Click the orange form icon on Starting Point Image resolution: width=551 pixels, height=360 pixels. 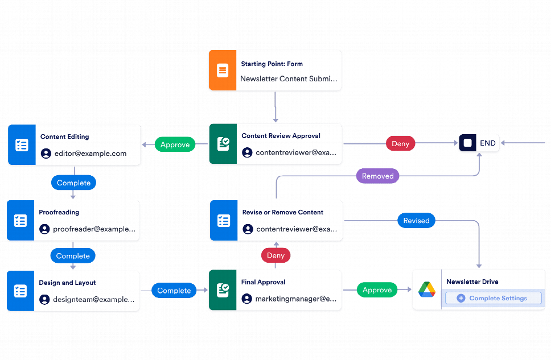tap(222, 71)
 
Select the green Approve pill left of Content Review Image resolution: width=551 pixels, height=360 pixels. tap(175, 144)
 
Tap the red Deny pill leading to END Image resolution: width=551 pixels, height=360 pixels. tap(400, 144)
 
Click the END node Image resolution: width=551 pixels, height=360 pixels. tap(479, 143)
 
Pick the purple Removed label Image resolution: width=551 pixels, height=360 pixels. tap(377, 176)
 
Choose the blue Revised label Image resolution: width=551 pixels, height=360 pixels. tap(416, 221)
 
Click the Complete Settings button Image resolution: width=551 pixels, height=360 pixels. tap(492, 298)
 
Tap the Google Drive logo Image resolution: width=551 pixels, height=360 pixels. tap(427, 290)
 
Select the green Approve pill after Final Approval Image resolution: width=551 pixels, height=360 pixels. tap(377, 290)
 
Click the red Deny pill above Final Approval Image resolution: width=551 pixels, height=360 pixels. tap(275, 255)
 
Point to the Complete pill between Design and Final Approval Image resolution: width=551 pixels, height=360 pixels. tap(174, 291)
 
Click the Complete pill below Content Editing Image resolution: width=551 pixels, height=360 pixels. tap(73, 183)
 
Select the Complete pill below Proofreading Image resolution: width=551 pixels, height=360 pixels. tap(73, 256)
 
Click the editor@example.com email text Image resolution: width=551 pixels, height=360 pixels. tap(91, 154)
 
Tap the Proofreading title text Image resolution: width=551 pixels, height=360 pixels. tap(59, 212)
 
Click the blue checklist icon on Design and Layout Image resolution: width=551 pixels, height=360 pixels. tap(20, 291)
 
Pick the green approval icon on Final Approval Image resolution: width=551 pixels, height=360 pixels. tap(223, 291)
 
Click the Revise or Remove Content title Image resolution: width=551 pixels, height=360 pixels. tap(282, 212)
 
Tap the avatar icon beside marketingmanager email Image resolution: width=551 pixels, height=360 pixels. tap(247, 299)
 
